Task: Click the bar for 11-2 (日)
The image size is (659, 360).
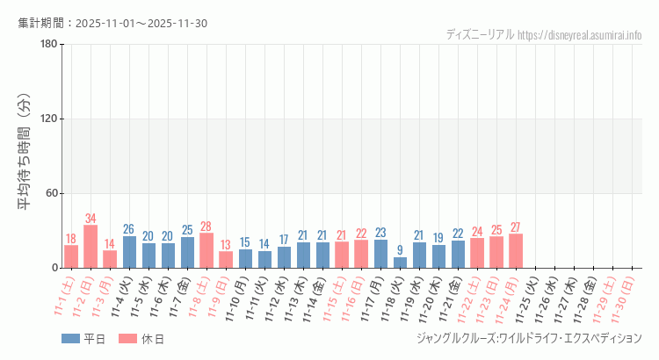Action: (x=91, y=247)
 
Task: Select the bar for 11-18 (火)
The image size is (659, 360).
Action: (x=400, y=263)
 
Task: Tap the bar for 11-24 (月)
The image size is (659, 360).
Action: (x=516, y=251)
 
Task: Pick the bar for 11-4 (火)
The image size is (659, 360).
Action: (x=129, y=252)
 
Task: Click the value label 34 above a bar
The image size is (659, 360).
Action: (x=91, y=218)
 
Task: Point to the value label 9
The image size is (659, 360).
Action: (x=400, y=250)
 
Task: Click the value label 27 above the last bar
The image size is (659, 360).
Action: (x=516, y=227)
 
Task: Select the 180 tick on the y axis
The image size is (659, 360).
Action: (x=49, y=45)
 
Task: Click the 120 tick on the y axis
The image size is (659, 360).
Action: (x=49, y=119)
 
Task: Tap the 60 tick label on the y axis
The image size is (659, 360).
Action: (x=52, y=193)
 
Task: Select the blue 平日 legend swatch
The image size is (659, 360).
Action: (x=70, y=339)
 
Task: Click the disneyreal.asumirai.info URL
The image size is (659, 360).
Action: (x=580, y=35)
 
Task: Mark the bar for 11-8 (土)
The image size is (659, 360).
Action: (x=206, y=250)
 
